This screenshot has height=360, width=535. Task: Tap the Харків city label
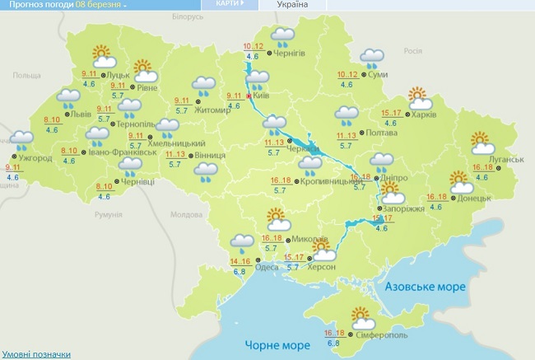tap(422, 115)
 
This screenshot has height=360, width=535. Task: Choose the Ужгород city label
tap(35, 157)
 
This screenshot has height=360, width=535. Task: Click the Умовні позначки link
tap(35, 354)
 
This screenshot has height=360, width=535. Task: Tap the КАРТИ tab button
tap(230, 4)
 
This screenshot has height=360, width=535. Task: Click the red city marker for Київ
tap(249, 96)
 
